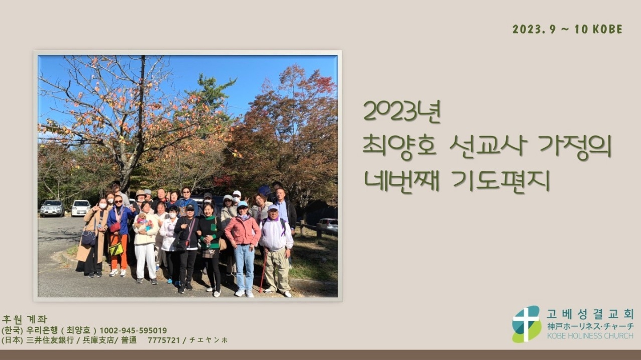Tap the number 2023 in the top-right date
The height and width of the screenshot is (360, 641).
(525, 30)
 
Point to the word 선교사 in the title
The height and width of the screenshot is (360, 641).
(488, 146)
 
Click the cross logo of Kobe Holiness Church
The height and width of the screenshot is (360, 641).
(526, 324)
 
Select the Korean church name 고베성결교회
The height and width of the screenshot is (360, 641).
(590, 314)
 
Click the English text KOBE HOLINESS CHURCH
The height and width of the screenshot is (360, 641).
(590, 336)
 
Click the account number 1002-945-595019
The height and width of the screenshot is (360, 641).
(133, 330)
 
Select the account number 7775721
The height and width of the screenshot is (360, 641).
(164, 340)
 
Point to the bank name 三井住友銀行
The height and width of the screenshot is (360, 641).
(50, 340)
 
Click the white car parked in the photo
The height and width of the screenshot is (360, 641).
(80, 208)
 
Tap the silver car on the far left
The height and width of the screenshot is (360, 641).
(52, 208)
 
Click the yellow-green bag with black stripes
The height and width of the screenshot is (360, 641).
(116, 249)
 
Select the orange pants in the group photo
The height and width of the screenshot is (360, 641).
(119, 252)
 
